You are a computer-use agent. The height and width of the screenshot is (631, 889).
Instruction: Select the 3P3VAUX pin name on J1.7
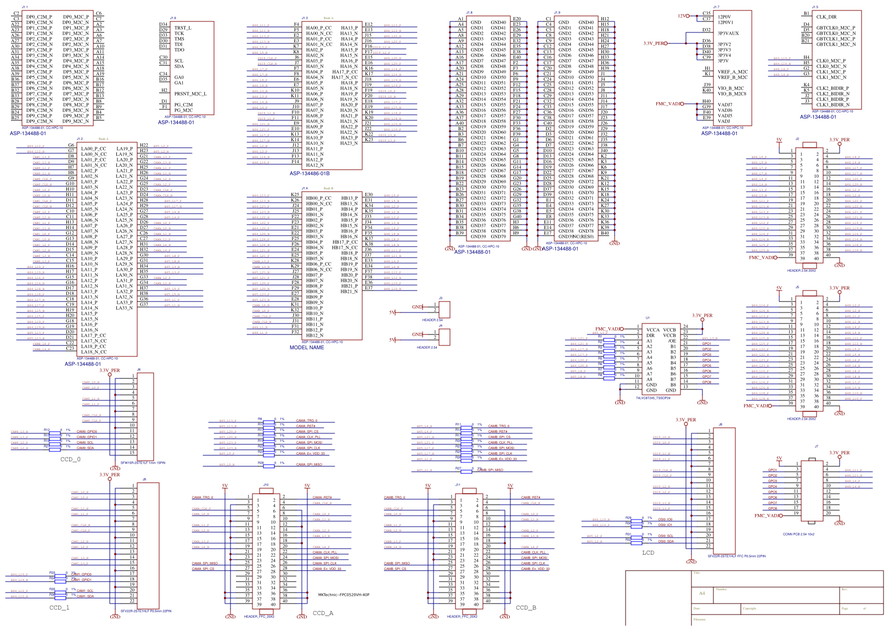tap(728, 33)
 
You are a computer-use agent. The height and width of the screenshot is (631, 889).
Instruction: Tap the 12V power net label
tap(682, 16)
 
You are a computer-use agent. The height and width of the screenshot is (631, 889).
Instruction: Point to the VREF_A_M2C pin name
tap(732, 72)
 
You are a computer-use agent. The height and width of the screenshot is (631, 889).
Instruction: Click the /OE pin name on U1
tap(672, 341)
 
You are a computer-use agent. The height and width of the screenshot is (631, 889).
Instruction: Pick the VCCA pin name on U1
tap(652, 330)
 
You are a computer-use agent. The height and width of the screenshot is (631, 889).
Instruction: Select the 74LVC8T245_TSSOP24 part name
tap(653, 398)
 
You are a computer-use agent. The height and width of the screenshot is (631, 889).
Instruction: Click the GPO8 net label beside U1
tap(707, 382)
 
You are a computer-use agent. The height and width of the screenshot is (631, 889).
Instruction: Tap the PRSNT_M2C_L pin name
tap(190, 94)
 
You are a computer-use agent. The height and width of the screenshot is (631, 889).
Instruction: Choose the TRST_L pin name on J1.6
tap(183, 28)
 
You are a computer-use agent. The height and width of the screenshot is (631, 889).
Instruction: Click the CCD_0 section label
tap(70, 459)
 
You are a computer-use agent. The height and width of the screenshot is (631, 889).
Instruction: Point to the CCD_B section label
tap(526, 607)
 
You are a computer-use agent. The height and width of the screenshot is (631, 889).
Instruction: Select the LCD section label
tap(648, 552)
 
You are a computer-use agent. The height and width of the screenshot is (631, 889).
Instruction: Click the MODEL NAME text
tap(307, 348)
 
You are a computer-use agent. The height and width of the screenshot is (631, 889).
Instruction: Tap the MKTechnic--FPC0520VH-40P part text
tap(344, 595)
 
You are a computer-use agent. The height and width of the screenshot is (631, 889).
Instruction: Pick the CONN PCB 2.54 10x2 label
tap(798, 534)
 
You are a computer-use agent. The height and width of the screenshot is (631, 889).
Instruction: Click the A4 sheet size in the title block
tap(702, 593)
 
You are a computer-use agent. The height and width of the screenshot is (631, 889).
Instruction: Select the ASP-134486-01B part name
tap(310, 174)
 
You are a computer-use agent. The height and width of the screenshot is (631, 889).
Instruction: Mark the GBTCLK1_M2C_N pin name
tap(836, 44)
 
